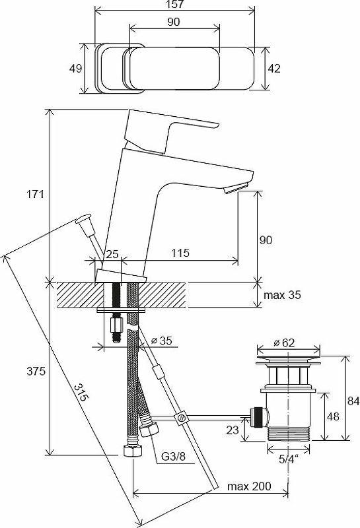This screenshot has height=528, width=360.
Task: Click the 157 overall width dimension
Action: pos(175,5)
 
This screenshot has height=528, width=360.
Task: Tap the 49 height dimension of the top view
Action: pos(75,69)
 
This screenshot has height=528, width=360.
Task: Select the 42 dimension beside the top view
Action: pos(274,69)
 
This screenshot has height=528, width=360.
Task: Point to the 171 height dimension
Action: pos(36,194)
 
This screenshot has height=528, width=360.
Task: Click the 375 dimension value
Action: pos(36,371)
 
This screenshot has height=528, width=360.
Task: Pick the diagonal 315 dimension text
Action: pos(81,392)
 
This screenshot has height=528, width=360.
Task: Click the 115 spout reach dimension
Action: pos(180,253)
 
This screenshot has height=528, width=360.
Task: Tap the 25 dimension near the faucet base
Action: pos(112,253)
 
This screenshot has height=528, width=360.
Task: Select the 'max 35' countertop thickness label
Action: pos(282,295)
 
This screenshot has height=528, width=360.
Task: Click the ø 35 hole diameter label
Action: pos(161,341)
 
